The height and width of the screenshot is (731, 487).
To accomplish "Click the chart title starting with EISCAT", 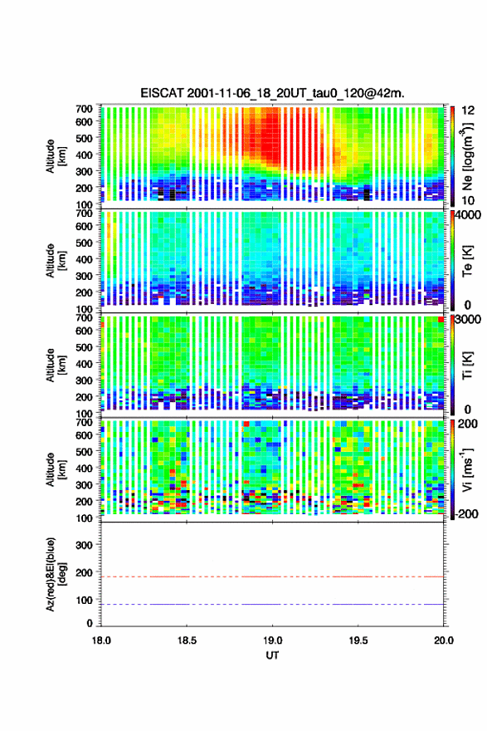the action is point(272,93).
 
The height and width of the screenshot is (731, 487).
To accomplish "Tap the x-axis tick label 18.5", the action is point(187,640).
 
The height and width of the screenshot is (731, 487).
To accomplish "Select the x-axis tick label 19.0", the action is point(272,640).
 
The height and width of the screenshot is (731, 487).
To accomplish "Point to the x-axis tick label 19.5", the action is point(358,640).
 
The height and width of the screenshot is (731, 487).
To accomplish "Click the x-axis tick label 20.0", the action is point(444,640).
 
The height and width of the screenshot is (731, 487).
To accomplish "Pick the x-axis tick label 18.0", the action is point(101,640).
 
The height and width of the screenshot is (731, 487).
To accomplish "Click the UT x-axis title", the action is point(272,655).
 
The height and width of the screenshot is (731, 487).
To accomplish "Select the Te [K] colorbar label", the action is point(467,261).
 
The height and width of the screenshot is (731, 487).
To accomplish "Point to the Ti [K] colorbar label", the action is point(467,365).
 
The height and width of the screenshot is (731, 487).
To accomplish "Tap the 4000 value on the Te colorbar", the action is point(469,216).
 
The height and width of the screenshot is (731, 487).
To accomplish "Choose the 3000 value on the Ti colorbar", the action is point(469,320).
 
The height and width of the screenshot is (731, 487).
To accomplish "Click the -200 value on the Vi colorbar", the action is point(466,513).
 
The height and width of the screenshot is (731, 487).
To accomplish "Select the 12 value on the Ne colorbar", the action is point(468,110).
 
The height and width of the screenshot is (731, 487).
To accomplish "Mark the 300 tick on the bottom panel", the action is point(85,545).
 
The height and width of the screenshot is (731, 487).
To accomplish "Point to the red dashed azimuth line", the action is point(272,576).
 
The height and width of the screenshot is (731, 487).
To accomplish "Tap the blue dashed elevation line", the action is point(272,604).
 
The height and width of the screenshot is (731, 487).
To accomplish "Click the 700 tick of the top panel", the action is point(85,109).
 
